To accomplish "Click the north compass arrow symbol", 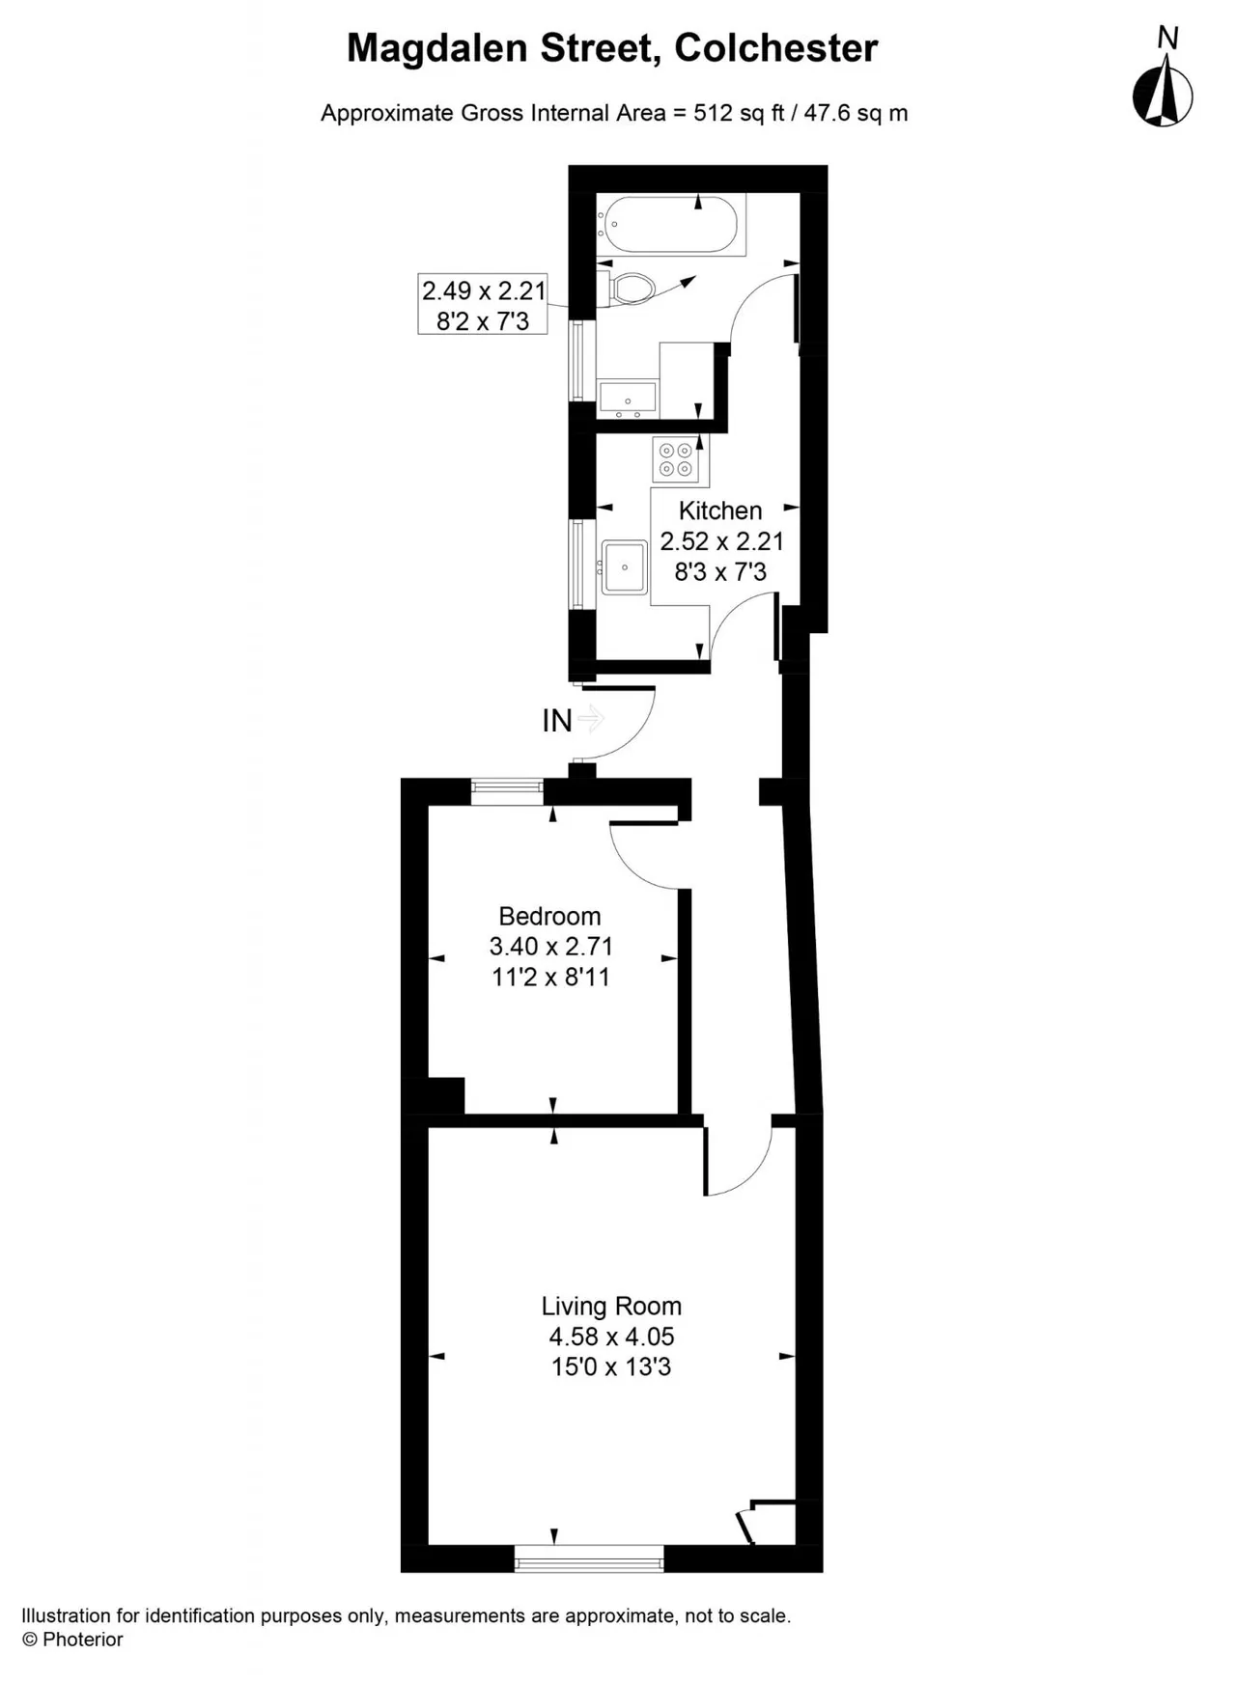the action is pos(1163,91).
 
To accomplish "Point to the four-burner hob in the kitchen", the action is pos(675,460).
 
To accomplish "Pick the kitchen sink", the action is pos(625,566).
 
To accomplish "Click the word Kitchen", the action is pos(720,510).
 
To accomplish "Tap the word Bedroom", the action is pos(549,916).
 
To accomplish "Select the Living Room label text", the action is pos(611,1306).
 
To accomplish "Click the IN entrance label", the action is pos(557,720).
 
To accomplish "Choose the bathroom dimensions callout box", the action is pos(483,305).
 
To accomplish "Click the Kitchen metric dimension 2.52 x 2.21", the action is pos(721,541).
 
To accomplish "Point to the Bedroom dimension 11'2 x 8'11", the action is pos(550,978).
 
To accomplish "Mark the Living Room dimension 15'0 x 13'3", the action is pos(611,1367).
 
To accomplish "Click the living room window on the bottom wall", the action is pos(589,1558).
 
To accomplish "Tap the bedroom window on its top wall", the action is pos(508,792).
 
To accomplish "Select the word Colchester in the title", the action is pos(776,48).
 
